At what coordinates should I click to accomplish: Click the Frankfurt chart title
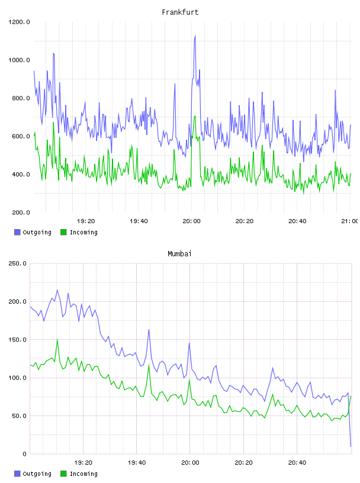pos(180,12)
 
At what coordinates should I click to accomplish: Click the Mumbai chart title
pos(179,254)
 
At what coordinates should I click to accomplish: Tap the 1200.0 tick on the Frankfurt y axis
pos(19,22)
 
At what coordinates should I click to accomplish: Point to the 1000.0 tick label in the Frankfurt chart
pos(19,60)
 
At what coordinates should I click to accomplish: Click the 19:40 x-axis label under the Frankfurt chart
pos(139,221)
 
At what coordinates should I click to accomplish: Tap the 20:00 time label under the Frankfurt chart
pos(191,221)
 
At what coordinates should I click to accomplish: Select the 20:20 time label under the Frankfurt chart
pos(245,221)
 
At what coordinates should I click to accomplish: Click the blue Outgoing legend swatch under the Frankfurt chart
pos(17,232)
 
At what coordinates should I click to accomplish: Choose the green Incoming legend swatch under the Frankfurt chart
pos(63,232)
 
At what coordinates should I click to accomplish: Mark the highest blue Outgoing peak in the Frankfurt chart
pos(195,36)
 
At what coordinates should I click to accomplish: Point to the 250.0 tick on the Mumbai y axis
pos(18,263)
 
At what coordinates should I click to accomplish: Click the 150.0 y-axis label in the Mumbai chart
pos(18,340)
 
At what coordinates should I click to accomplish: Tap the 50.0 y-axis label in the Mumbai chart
pos(19,416)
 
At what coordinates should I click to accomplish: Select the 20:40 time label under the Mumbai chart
pos(297,463)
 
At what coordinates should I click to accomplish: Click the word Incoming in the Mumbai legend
pos(83,474)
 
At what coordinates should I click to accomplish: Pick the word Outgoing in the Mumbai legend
pos(37,474)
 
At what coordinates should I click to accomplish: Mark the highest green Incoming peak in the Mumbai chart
pos(57,339)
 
